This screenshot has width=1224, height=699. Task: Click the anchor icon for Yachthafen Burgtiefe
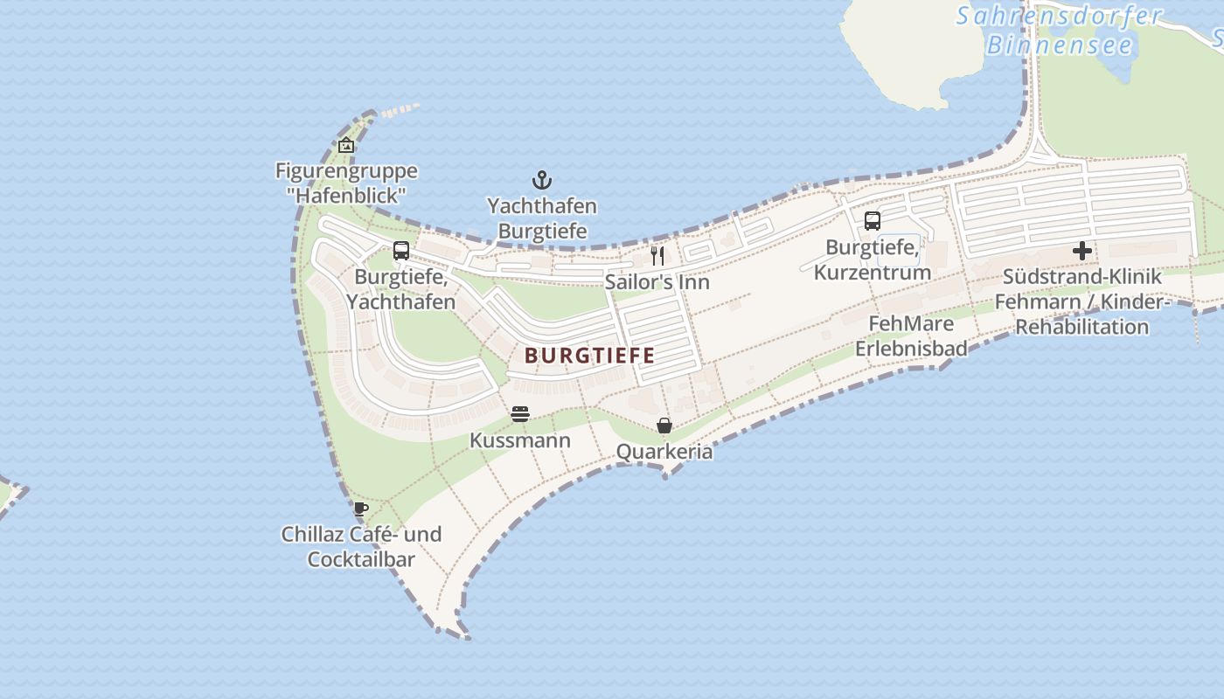[542, 181]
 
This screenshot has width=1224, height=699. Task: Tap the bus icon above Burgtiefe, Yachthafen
[401, 251]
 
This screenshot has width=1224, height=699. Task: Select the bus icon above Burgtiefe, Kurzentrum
[872, 221]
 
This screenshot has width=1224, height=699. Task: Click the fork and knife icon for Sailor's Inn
[657, 256]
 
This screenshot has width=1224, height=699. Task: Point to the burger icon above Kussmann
[520, 413]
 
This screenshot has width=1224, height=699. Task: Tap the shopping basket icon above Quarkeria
[664, 426]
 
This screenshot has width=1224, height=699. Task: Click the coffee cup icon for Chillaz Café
[361, 509]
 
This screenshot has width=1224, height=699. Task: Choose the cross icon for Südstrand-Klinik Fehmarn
[1082, 251]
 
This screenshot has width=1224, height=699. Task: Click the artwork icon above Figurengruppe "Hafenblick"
[346, 145]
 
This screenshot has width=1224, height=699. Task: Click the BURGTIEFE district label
[590, 356]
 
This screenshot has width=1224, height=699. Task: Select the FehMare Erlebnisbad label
[911, 336]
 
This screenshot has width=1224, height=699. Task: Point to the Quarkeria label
[664, 452]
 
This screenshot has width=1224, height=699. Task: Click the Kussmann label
[520, 440]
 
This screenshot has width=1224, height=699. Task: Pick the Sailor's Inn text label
[657, 282]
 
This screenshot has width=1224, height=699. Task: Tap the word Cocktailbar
[361, 559]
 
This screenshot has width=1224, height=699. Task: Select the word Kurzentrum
[872, 273]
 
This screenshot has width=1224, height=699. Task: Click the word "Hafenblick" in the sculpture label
[346, 196]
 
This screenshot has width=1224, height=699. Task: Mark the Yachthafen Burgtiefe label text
[542, 218]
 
